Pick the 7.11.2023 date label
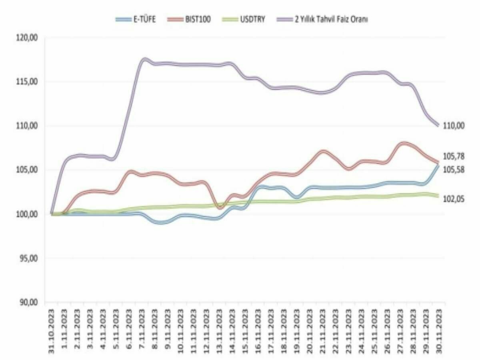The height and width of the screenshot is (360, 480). [142, 331]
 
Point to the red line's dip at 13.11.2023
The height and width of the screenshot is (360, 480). [220, 207]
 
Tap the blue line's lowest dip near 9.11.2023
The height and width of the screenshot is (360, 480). [161, 222]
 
